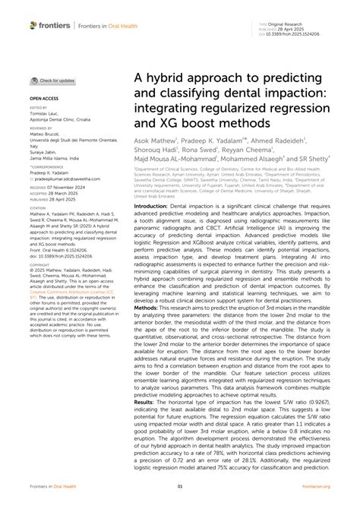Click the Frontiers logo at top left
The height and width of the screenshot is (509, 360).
(x=51, y=25)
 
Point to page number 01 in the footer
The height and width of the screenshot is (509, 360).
(x=180, y=486)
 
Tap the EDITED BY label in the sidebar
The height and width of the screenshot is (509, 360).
(x=39, y=109)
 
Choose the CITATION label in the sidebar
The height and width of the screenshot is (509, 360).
(x=38, y=207)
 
